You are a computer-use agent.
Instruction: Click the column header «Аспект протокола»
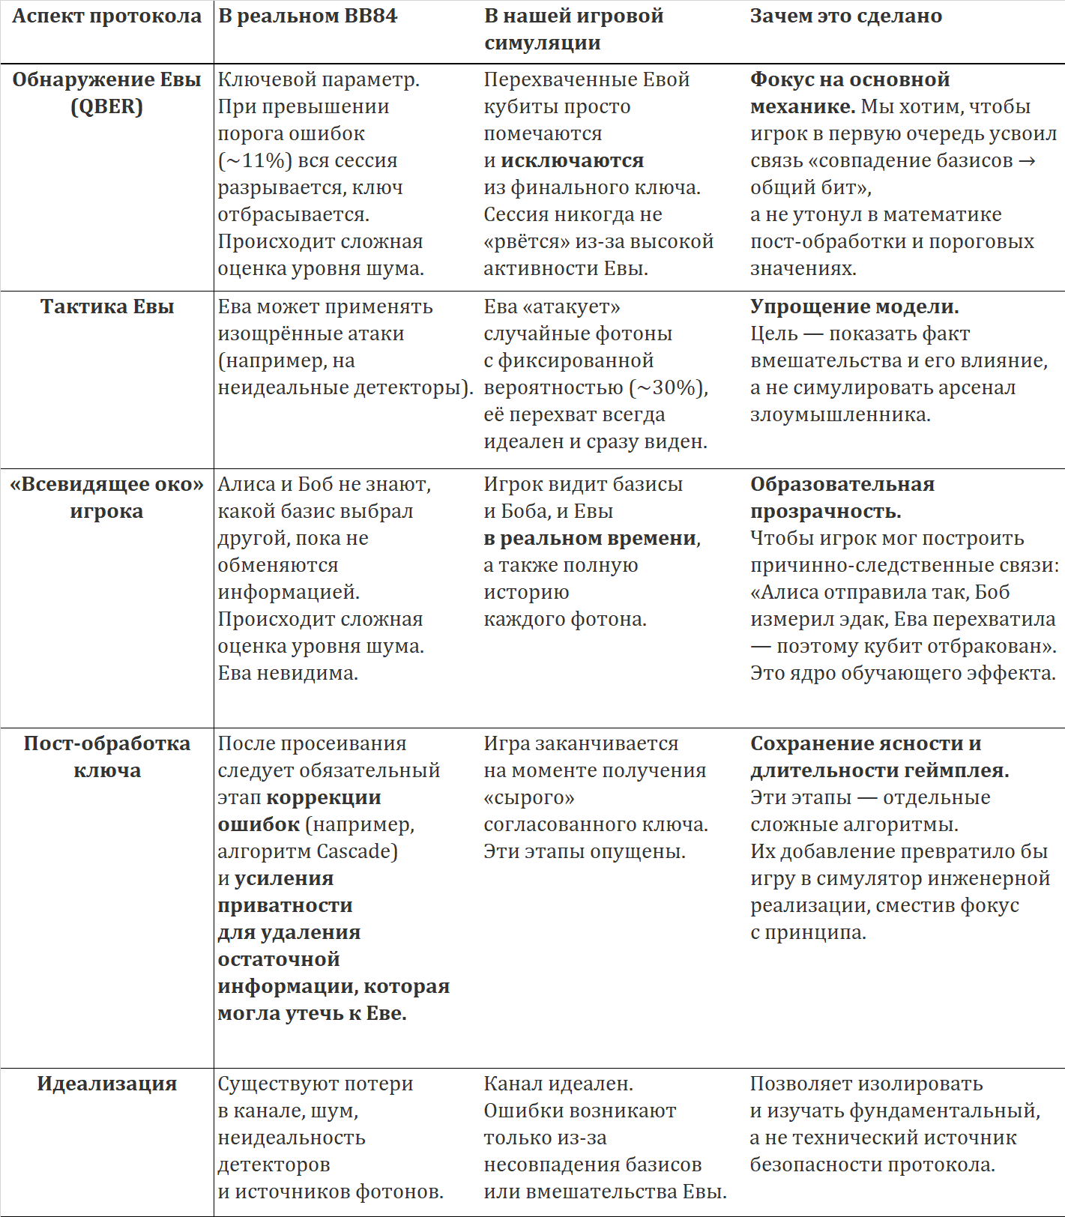point(107,16)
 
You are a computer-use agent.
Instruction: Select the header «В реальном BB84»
point(307,16)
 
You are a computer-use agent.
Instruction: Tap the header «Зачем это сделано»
point(846,16)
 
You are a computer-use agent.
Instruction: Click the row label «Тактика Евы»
point(107,306)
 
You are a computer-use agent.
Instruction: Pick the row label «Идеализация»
point(107,1084)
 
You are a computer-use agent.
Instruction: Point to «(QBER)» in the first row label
point(107,106)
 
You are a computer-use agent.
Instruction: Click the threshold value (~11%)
point(255,160)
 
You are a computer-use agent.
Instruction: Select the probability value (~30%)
point(668,387)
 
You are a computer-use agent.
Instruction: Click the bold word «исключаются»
point(572,160)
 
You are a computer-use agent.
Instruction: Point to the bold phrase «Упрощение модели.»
point(854,306)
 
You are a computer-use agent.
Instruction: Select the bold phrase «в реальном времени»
point(591,538)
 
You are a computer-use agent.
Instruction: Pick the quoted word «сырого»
point(529,797)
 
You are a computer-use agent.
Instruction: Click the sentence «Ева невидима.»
point(288,673)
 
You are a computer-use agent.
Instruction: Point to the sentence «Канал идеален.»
point(558,1084)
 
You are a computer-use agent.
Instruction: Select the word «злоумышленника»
point(839,414)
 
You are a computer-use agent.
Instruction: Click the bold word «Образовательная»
point(842,484)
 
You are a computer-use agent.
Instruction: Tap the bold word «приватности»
point(285,905)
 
